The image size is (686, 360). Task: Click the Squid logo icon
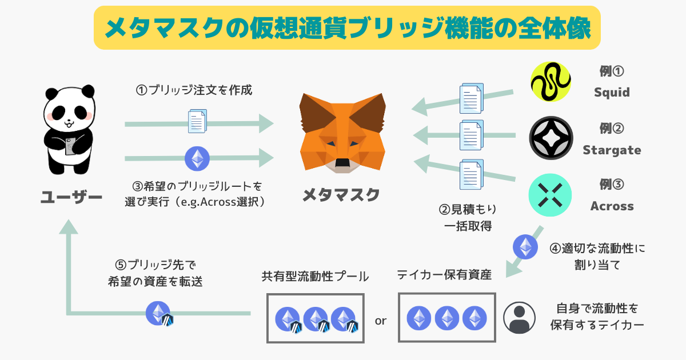(551, 82)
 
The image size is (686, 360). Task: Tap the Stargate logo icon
(551, 138)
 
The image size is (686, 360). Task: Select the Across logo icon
(551, 195)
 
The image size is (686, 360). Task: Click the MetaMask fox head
(342, 133)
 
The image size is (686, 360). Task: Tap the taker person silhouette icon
(519, 317)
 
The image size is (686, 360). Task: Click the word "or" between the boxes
(381, 321)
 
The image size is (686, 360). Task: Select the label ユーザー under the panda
(71, 198)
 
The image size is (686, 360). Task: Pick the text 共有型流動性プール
(315, 277)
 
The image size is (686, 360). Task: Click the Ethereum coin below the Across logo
(525, 246)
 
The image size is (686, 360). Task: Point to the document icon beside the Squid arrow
(472, 98)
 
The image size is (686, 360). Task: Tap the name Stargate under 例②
(612, 150)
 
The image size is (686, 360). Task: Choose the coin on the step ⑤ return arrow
(159, 313)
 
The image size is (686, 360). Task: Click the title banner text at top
(347, 28)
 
